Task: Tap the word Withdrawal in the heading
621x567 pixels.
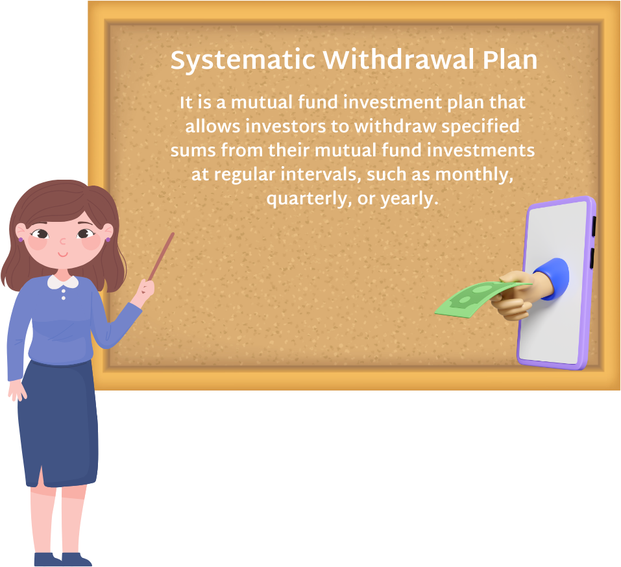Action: (398, 60)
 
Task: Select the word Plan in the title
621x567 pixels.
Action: (509, 60)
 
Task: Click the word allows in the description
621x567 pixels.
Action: (213, 127)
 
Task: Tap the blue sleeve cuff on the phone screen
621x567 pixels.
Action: (553, 278)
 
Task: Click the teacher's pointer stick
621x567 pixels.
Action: (161, 256)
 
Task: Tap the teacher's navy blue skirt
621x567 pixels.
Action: (58, 423)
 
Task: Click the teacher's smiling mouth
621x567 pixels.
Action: (63, 254)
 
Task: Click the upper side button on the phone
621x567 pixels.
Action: (594, 226)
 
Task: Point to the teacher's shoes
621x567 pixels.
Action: (63, 559)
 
